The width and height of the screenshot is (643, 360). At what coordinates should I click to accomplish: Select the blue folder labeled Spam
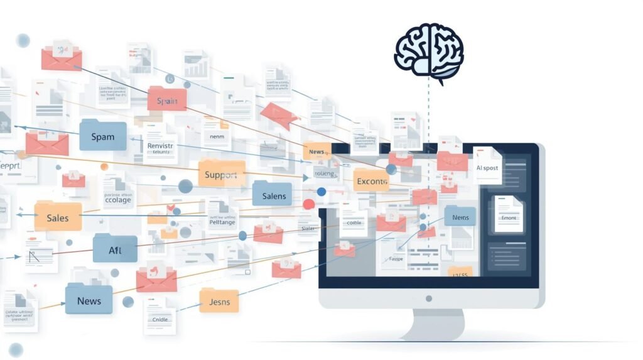point(103,135)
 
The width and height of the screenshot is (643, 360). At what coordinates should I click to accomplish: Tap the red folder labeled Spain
point(167,99)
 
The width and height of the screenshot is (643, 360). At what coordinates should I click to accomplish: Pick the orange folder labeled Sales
point(58,217)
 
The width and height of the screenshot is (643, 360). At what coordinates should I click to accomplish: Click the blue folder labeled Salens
point(273,195)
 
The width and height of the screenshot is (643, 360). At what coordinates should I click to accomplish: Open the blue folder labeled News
point(89,299)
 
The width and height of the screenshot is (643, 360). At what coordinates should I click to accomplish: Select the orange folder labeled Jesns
point(219,300)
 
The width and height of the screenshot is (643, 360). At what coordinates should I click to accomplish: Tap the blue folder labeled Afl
point(115,249)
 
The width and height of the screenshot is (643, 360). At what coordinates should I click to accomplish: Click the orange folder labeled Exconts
point(372,181)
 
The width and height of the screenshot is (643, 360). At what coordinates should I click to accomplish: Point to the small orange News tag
point(316,151)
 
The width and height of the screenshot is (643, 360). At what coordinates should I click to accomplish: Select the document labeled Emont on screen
point(509,214)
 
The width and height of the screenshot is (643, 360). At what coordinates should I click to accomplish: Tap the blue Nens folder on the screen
point(460,216)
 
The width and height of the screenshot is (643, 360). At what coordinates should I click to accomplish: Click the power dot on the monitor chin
point(429,298)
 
